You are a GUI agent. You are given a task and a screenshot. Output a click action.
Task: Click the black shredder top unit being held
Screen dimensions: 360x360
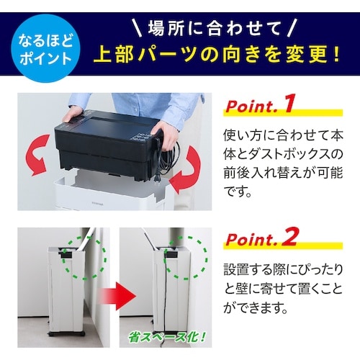(x=108, y=144)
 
